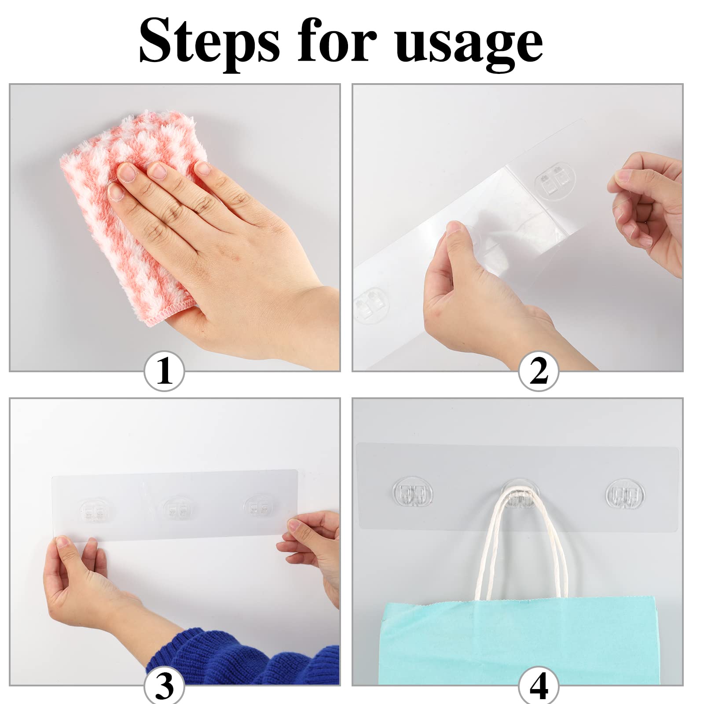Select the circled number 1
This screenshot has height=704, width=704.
[x=164, y=371]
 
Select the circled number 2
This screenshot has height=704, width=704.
[x=539, y=371]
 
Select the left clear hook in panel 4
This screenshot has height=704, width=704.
[x=412, y=495]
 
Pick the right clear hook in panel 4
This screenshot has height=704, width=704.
[x=625, y=495]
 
